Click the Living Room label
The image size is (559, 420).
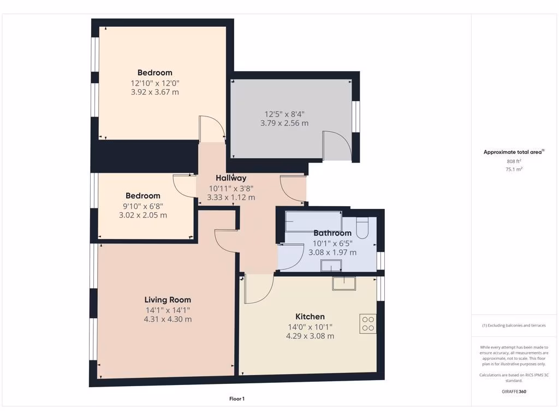pyautogui.click(x=168, y=300)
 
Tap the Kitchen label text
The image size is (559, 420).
pyautogui.click(x=310, y=317)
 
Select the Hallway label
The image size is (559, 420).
pyautogui.click(x=231, y=178)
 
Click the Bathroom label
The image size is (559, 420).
pyautogui.click(x=332, y=233)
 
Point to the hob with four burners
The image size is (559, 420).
pyautogui.click(x=367, y=323)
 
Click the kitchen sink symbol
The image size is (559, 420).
pyautogui.click(x=344, y=283)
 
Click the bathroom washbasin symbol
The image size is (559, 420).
pyautogui.click(x=331, y=266)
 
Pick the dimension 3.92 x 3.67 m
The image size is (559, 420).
pyautogui.click(x=155, y=92)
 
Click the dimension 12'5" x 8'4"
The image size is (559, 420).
pyautogui.click(x=284, y=114)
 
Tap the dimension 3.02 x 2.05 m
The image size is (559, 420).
pyautogui.click(x=143, y=215)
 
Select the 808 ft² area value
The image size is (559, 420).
pyautogui.click(x=514, y=161)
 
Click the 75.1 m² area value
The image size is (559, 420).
pyautogui.click(x=514, y=170)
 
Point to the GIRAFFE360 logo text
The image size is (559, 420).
pyautogui.click(x=514, y=392)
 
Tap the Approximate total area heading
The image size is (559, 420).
pyautogui.click(x=514, y=153)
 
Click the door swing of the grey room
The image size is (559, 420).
pyautogui.click(x=335, y=144)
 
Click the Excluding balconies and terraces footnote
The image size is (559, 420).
pyautogui.click(x=514, y=325)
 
